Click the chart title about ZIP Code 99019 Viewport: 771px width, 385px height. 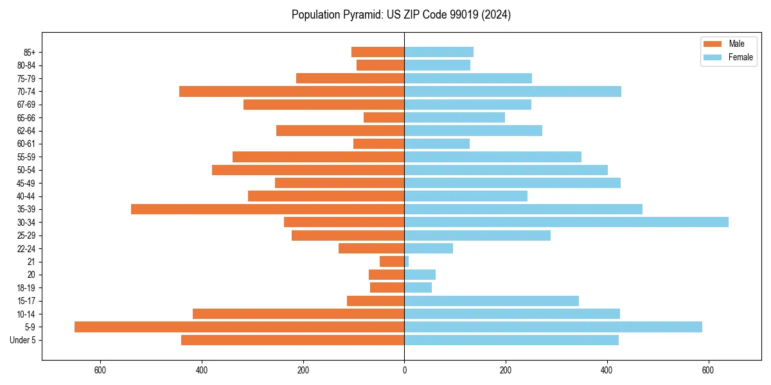pos(401,15)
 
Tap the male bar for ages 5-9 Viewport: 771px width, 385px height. pos(239,327)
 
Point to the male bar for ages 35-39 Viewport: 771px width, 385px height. pos(267,209)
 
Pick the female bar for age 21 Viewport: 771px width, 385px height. pos(407,261)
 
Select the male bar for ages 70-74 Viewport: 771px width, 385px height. pos(292,91)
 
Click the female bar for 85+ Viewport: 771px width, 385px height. pos(439,52)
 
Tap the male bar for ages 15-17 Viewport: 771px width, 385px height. pos(375,300)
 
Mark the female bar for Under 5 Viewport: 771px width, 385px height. pos(511,340)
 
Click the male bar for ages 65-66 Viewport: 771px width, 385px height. pos(384,117)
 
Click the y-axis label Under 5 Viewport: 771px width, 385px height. pos(22,340)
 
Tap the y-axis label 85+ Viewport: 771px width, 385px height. pos(28,52)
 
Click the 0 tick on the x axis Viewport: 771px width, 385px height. pos(404,370)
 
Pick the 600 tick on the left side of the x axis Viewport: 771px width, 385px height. pos(100,370)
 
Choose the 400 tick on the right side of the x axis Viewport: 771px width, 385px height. pos(607,370)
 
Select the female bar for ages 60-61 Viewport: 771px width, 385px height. pos(437,144)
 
